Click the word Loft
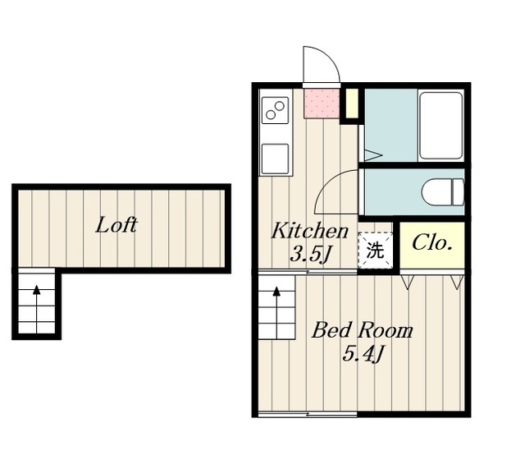pyautogui.click(x=116, y=225)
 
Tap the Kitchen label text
pyautogui.click(x=310, y=231)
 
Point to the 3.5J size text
pyautogui.click(x=310, y=255)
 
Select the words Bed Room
pyautogui.click(x=362, y=330)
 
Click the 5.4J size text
pyautogui.click(x=363, y=354)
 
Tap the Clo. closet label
pyautogui.click(x=432, y=243)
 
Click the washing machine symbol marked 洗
pyautogui.click(x=375, y=250)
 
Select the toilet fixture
pyautogui.click(x=443, y=192)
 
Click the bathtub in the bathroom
pyautogui.click(x=441, y=126)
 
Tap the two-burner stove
pyautogui.click(x=275, y=110)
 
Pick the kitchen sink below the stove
pyautogui.click(x=275, y=159)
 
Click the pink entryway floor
pyautogui.click(x=322, y=103)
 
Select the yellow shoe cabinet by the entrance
pyautogui.click(x=352, y=103)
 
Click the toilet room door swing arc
pyautogui.click(x=326, y=182)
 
